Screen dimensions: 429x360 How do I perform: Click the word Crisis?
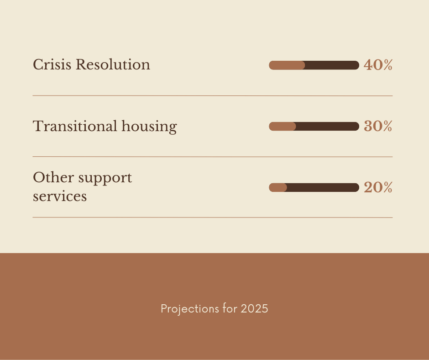[x=52, y=65]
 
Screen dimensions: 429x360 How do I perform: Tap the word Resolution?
[x=113, y=65]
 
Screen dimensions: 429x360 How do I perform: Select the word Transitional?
[x=75, y=126]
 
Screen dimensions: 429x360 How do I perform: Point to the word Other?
[x=53, y=177]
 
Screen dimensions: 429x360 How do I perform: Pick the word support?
[x=105, y=178]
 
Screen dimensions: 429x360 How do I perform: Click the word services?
[x=60, y=196]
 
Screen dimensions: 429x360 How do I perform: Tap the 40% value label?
[x=378, y=65]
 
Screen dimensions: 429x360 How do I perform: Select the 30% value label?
[x=378, y=126]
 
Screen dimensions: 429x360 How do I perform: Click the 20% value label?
[x=378, y=188]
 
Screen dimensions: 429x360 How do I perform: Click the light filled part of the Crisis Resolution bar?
[x=287, y=65]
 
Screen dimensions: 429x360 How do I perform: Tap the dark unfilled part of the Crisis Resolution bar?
[x=332, y=65]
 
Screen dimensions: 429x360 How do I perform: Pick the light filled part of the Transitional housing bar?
[x=283, y=126]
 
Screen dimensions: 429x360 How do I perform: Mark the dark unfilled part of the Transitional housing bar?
[x=328, y=126]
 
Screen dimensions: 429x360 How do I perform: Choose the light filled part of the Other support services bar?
[x=277, y=187]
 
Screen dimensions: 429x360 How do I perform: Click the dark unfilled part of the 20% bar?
[x=323, y=187]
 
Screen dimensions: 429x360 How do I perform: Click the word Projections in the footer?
[x=190, y=309]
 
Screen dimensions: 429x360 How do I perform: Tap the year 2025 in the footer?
[x=255, y=309]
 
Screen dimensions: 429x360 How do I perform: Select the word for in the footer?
[x=230, y=308]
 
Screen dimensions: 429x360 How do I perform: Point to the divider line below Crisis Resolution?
[x=213, y=95]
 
